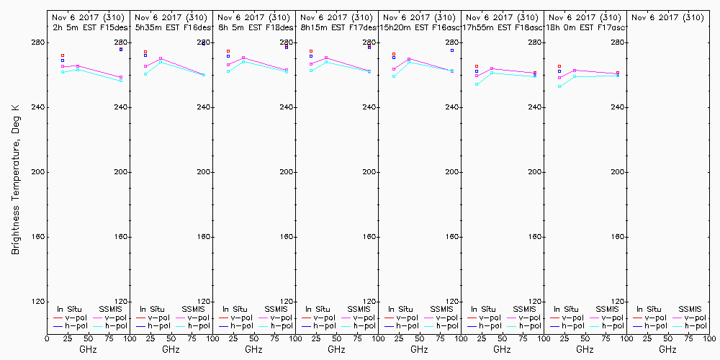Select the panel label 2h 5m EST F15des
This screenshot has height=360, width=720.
tap(88, 27)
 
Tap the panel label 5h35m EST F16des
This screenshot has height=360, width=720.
tap(172, 27)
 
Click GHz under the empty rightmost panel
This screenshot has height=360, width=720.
tap(667, 349)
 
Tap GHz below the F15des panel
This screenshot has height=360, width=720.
tap(88, 349)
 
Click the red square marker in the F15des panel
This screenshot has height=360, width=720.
tap(63, 55)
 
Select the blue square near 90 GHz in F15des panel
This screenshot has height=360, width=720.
tap(121, 50)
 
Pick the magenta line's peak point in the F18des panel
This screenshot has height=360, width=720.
tap(243, 58)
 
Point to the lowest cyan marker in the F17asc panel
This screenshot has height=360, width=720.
tap(559, 86)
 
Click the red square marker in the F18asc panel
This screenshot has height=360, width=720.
tap(477, 66)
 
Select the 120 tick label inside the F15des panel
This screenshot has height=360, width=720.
tap(121, 302)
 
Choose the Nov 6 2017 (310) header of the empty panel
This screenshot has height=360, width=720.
tap(667, 17)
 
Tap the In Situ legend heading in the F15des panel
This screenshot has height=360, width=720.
tap(70, 309)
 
